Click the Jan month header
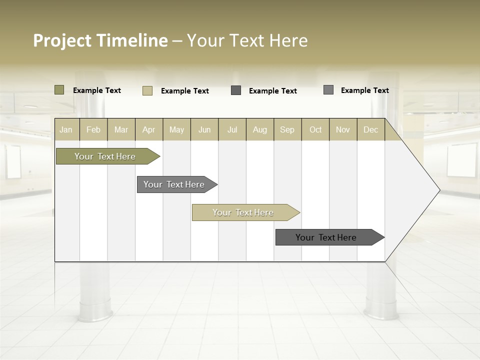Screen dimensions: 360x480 pos(66,129)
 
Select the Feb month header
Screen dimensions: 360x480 pos(93,129)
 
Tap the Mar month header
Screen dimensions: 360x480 pos(121,129)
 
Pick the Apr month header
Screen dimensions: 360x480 pos(149,129)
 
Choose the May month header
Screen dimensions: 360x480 pos(176,129)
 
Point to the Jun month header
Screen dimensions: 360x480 pos(204,129)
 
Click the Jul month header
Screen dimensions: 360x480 pos(232,129)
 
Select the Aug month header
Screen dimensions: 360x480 pos(260,129)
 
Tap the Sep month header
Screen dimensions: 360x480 pos(287,129)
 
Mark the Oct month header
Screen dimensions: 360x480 pos(315,129)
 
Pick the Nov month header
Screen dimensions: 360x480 pos(343,129)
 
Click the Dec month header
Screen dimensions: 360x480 pos(371,129)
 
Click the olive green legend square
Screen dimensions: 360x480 pos(59,90)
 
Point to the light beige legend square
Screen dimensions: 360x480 pos(147,90)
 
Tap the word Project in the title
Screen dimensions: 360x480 pos(62,40)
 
